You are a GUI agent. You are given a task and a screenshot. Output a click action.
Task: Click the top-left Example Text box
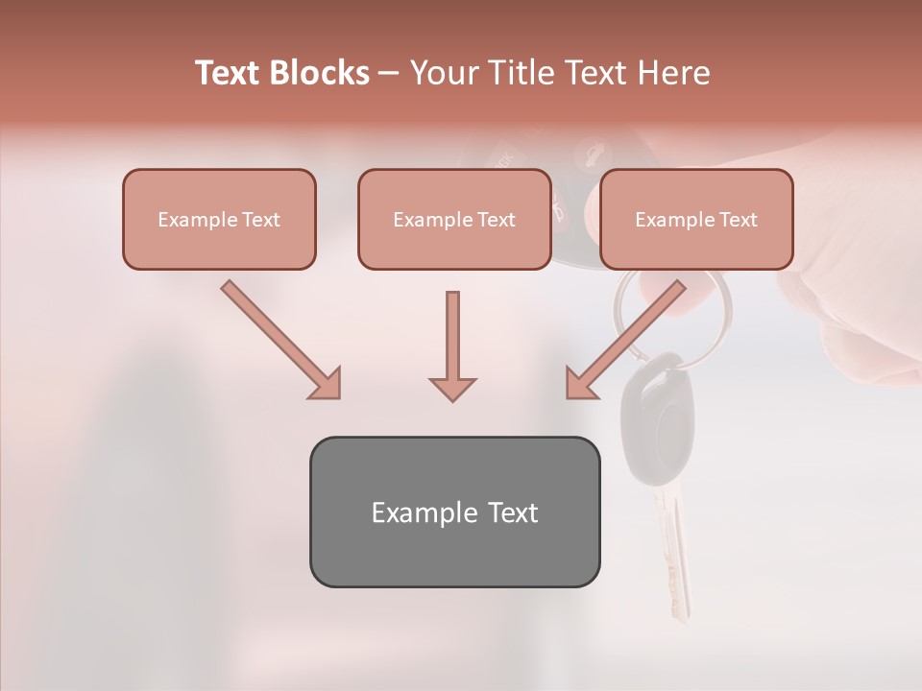coord(219,219)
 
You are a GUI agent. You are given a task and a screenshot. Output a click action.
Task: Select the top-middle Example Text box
coord(454,219)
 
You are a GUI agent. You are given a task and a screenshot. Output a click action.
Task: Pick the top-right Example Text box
coord(696,219)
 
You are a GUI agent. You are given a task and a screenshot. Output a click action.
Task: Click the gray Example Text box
coord(454,512)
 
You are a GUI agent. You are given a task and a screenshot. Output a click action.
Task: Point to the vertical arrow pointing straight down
coord(452,345)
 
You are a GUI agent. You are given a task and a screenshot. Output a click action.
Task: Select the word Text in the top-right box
coord(738,220)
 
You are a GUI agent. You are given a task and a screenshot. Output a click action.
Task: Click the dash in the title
coord(389,73)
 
